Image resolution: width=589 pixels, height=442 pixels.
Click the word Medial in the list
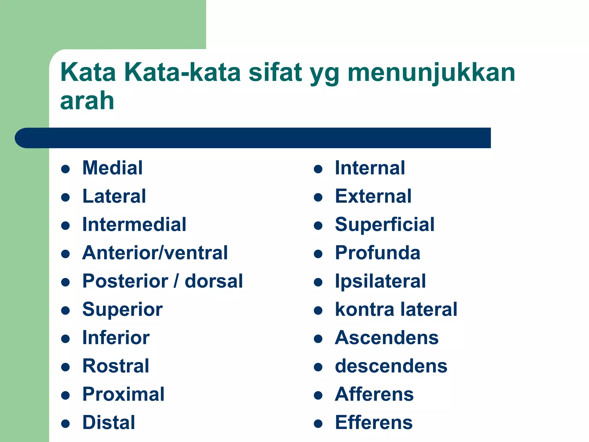pyautogui.click(x=112, y=168)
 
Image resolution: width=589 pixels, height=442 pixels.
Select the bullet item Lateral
pyautogui.click(x=114, y=196)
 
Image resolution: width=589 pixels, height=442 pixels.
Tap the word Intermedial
pyautogui.click(x=134, y=224)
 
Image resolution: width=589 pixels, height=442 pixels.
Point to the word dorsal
pyautogui.click(x=214, y=281)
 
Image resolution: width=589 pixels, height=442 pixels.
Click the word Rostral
pyautogui.click(x=116, y=366)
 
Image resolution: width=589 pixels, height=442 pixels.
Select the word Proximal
pyautogui.click(x=123, y=394)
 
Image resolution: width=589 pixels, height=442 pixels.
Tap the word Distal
pyautogui.click(x=108, y=422)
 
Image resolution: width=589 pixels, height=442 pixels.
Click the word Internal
pyautogui.click(x=370, y=168)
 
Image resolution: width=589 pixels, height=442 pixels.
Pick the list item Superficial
pyautogui.click(x=385, y=225)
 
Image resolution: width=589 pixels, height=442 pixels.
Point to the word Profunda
pyautogui.click(x=377, y=253)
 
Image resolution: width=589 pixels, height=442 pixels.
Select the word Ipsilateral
pyautogui.click(x=380, y=281)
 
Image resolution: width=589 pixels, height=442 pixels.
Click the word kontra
pyautogui.click(x=364, y=310)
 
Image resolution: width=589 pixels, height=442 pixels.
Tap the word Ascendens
pyautogui.click(x=387, y=338)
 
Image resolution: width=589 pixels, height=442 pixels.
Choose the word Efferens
pyautogui.click(x=374, y=422)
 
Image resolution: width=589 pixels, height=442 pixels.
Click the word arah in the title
pyautogui.click(x=87, y=101)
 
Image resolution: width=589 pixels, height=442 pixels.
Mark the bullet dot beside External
pyautogui.click(x=318, y=197)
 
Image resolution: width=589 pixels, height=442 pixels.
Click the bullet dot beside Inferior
pyautogui.click(x=66, y=339)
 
